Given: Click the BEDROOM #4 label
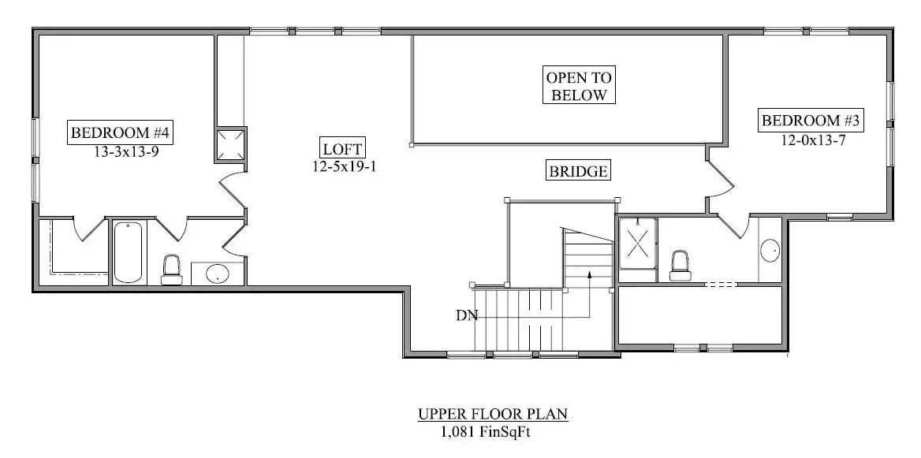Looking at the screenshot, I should [121, 132].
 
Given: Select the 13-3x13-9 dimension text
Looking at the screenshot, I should [126, 153].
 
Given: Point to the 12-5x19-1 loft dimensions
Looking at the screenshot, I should [343, 166].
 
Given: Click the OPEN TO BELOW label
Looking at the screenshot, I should [579, 87].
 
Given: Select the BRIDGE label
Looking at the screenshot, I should [578, 171].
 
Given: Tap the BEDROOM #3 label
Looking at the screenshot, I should [811, 121].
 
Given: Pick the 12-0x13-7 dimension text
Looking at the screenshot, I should [814, 141].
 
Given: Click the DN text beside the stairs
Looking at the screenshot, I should [466, 315].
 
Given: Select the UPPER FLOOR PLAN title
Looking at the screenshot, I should [493, 414].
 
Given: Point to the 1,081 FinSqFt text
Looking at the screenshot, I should [490, 431].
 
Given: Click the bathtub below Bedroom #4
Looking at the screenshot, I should [129, 252].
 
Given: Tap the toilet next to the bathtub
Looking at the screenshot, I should [171, 269].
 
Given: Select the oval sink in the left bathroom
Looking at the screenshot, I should [217, 274].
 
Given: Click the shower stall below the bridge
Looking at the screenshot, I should [637, 243].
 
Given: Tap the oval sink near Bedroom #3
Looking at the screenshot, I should [770, 251].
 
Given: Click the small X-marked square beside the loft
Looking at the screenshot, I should [231, 144].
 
